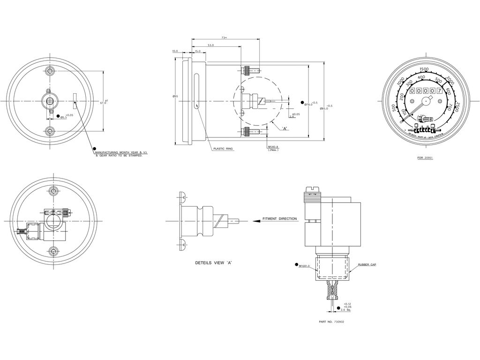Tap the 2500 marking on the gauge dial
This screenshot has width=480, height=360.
pos(458,107)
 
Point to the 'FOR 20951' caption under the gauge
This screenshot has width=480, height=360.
pos(425,158)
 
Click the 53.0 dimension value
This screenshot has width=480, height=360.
pos(210,45)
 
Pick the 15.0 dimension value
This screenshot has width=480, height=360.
pos(197,51)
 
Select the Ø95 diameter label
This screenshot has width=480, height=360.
pos(175,97)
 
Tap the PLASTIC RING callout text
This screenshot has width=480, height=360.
pos(223,149)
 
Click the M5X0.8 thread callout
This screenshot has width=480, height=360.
pos(273,147)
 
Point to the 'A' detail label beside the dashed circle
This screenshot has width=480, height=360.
pos(285,128)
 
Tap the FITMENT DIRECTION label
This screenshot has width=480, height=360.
pos(279,219)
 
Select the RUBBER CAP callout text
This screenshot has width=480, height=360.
pos(367,264)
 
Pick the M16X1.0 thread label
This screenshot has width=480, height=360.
pos(304,266)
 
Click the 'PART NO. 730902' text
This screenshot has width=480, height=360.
pos(331,322)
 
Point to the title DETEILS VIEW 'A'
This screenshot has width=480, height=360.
pos(214,263)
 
